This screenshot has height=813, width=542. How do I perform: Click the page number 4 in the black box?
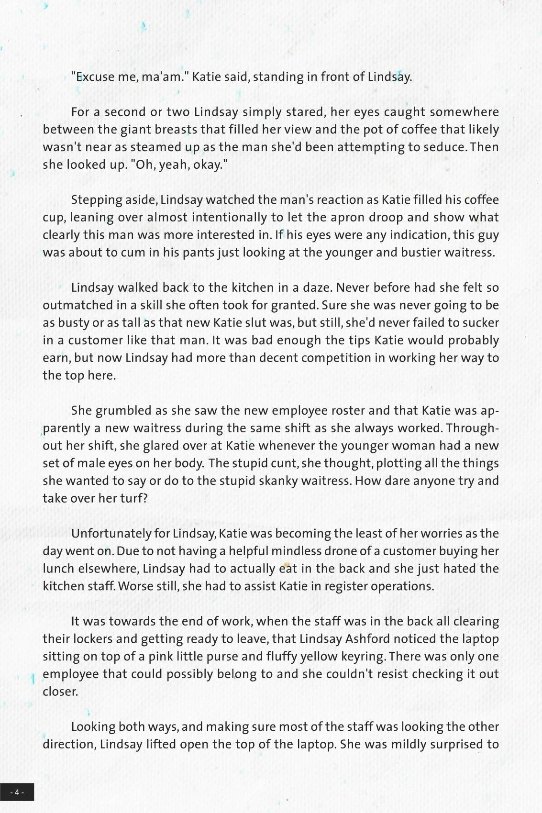click(17, 792)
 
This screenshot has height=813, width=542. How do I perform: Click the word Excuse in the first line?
click(92, 77)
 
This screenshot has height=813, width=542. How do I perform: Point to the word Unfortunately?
click(111, 534)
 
